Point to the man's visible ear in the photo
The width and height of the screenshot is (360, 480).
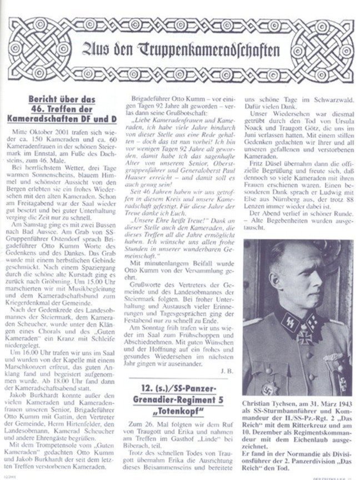pyautogui.click(x=315, y=283)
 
